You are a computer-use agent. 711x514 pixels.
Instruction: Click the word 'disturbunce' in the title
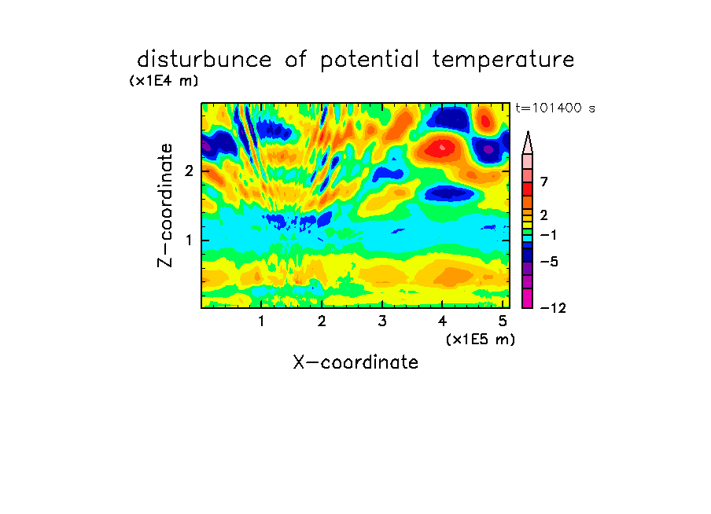[x=204, y=59]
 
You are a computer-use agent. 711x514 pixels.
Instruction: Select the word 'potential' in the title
[x=370, y=61]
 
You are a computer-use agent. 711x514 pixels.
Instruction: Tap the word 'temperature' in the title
[x=503, y=61]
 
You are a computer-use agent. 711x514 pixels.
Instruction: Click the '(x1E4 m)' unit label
[x=164, y=81]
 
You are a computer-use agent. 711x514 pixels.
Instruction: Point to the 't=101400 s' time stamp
[x=555, y=108]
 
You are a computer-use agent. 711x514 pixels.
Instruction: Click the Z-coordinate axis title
[x=165, y=205]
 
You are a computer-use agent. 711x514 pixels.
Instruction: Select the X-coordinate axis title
[x=355, y=362]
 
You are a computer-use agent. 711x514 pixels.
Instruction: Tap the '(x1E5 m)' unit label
[x=481, y=339]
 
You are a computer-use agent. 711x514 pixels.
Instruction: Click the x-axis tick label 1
[x=261, y=321]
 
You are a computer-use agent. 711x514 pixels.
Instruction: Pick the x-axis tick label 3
[x=382, y=321]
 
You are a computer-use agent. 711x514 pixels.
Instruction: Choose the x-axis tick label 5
[x=503, y=321]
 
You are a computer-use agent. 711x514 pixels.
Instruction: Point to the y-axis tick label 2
[x=189, y=171]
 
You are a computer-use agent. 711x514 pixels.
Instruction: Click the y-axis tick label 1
[x=189, y=240]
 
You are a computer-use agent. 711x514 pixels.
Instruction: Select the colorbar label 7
[x=544, y=182]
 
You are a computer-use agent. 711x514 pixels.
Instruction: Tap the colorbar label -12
[x=553, y=308]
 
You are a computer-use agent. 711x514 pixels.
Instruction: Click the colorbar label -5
[x=549, y=262]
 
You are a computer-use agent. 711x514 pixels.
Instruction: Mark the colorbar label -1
[x=548, y=235]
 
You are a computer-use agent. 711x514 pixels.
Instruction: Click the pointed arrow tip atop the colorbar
[x=528, y=132]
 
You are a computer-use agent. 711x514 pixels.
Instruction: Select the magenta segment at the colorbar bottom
[x=528, y=298]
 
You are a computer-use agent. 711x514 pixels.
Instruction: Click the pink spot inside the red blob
[x=443, y=147]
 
